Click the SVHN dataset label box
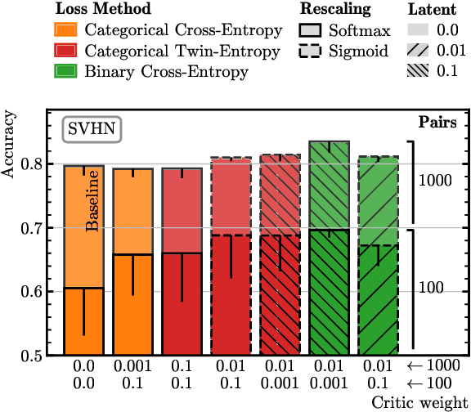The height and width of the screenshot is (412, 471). coord(92,128)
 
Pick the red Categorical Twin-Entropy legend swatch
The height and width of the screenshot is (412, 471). coord(67,52)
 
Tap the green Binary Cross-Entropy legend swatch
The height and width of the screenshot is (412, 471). coord(67,71)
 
